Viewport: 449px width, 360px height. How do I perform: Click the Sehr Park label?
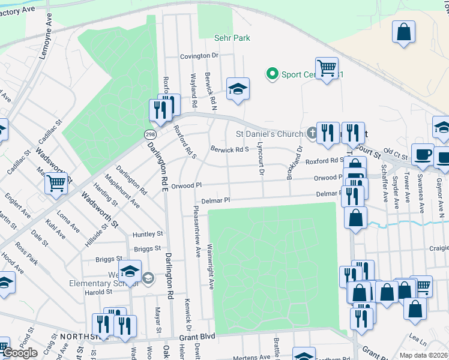point(232,38)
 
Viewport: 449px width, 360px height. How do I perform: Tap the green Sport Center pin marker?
point(272,74)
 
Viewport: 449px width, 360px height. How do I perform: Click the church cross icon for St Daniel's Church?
point(312,132)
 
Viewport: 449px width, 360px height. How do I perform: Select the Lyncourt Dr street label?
point(261,159)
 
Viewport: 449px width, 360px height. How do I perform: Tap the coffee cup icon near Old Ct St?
point(422,154)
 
